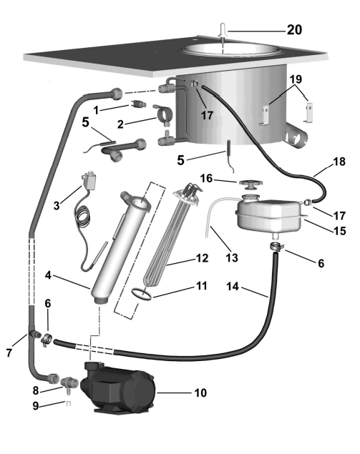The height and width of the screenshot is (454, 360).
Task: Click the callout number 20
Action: (x=294, y=30)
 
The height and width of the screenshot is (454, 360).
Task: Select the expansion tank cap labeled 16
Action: (x=250, y=184)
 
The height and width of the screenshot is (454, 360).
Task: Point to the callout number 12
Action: (x=202, y=258)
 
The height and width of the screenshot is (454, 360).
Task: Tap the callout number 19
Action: (x=296, y=79)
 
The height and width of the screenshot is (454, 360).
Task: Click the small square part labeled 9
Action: (x=69, y=403)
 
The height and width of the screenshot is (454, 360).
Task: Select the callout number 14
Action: (x=233, y=287)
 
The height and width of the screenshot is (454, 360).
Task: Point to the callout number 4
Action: (x=48, y=275)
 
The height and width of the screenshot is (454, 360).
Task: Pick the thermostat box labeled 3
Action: (x=90, y=182)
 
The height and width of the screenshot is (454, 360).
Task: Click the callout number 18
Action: (x=339, y=162)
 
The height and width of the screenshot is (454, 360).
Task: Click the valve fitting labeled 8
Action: (x=69, y=383)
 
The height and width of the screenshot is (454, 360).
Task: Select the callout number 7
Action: (x=9, y=352)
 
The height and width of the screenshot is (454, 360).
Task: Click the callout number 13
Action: (x=232, y=257)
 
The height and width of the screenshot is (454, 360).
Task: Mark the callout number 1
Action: (x=96, y=110)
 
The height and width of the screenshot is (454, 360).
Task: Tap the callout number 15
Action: (x=340, y=231)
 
